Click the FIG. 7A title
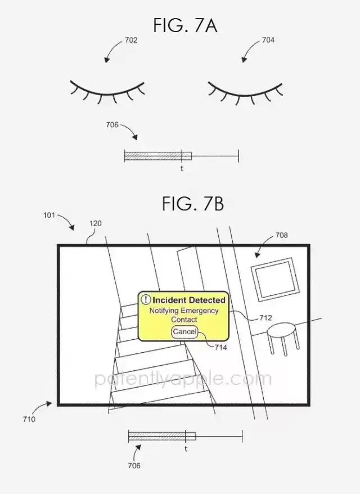(x=185, y=25)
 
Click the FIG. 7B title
(x=193, y=203)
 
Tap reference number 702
(x=131, y=41)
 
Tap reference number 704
(x=268, y=40)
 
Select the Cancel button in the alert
(x=184, y=332)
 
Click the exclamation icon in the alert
(x=146, y=300)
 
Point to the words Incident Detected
(x=189, y=300)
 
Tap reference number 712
(x=265, y=318)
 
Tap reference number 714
(x=221, y=348)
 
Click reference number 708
(x=282, y=235)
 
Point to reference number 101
(x=49, y=215)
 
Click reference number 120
(x=96, y=223)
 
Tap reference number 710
(x=29, y=419)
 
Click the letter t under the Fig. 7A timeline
(x=182, y=169)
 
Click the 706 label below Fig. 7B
(x=134, y=465)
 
